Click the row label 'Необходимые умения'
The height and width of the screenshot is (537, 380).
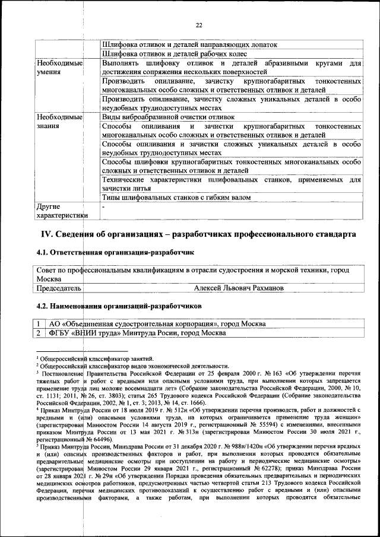pyautogui.click(x=59, y=68)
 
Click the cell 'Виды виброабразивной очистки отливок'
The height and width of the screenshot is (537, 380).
pyautogui.click(x=169, y=117)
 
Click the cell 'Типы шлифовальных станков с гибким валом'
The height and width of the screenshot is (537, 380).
pyautogui.click(x=176, y=197)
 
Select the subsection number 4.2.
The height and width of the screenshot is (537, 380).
pyautogui.click(x=43, y=306)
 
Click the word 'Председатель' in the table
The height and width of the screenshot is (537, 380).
pyautogui.click(x=58, y=288)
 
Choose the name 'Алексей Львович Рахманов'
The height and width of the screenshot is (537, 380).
pyautogui.click(x=239, y=288)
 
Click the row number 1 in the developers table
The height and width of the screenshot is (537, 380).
pyautogui.click(x=38, y=324)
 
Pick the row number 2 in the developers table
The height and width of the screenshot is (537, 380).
pyautogui.click(x=38, y=333)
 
